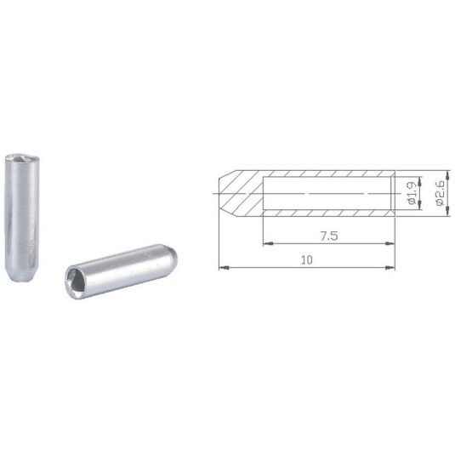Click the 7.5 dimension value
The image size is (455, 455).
point(329,236)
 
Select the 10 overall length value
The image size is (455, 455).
point(307,259)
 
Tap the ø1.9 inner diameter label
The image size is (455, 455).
point(412,193)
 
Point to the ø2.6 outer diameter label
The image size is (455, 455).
point(440,193)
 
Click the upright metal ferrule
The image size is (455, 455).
point(22,218)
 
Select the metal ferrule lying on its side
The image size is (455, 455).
point(121,271)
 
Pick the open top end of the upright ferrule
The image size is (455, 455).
point(22,158)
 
